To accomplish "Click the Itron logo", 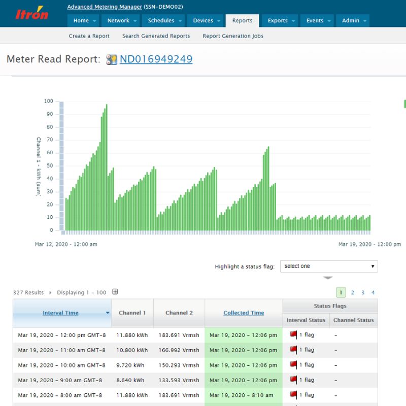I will [x=31, y=14].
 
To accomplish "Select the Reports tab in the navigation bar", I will [x=242, y=21].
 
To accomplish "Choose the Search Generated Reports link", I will [x=156, y=36].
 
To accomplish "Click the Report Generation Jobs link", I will [x=233, y=36].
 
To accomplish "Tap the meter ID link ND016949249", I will [x=156, y=59].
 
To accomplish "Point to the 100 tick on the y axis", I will [x=48, y=101].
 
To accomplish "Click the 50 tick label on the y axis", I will [x=50, y=166].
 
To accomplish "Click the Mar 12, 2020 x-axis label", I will [x=66, y=244].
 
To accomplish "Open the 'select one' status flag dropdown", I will [x=329, y=266].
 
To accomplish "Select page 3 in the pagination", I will [x=363, y=292].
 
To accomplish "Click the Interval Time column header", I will [x=60, y=313].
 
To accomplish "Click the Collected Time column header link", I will [x=244, y=313].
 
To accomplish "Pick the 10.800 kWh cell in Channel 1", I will [x=132, y=350].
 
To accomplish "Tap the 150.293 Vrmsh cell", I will [x=179, y=365].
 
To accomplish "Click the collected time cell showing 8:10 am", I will [x=241, y=395].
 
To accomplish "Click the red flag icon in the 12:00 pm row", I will [x=293, y=335].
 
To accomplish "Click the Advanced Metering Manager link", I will [x=105, y=7].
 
